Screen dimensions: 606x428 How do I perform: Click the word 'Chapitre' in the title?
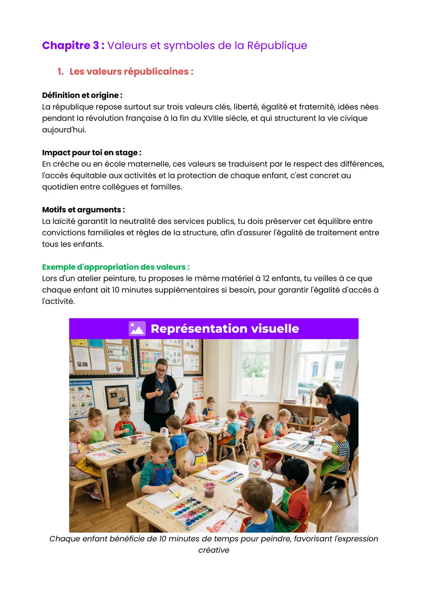[66, 46]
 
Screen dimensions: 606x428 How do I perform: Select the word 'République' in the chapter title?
[277, 46]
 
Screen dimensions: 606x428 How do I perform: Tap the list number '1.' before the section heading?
[61, 72]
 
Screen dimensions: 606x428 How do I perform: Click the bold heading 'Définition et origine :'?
[82, 95]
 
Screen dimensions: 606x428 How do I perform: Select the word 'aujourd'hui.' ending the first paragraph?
[64, 130]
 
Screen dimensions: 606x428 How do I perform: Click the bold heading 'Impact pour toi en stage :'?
[92, 153]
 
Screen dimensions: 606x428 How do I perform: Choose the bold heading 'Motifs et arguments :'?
[83, 210]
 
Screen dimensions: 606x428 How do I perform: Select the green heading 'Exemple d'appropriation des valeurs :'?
[116, 267]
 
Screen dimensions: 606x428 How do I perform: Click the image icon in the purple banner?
[137, 329]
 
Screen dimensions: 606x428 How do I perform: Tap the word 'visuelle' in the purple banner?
[275, 329]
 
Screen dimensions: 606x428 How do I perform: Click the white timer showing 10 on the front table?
[255, 466]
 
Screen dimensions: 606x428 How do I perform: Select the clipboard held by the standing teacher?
[177, 391]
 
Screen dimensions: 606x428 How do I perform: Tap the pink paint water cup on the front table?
[209, 489]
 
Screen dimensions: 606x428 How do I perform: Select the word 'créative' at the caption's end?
[214, 550]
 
